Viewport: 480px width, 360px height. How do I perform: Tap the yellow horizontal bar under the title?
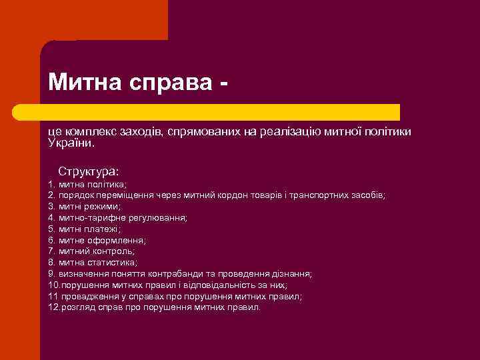pyautogui.click(x=220, y=112)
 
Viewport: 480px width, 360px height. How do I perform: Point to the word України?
pyautogui.click(x=71, y=143)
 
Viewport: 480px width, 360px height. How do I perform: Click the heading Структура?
pyautogui.click(x=88, y=171)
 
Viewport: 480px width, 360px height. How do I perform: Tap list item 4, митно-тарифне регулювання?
pyautogui.click(x=118, y=217)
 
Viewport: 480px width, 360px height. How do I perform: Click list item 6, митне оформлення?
pyautogui.click(x=97, y=240)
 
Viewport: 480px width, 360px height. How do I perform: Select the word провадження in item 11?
pyautogui.click(x=84, y=297)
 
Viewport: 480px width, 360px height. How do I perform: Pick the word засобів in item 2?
pyautogui.click(x=368, y=195)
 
